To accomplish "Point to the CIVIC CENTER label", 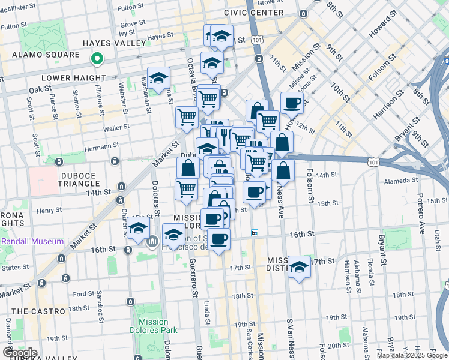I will (x=254, y=13).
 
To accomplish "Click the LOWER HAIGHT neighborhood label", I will (x=73, y=78).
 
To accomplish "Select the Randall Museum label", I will (x=34, y=242).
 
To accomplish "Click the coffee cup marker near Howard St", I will (x=292, y=103).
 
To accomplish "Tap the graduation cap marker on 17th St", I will (x=299, y=267).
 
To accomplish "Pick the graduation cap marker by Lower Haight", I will (x=158, y=78).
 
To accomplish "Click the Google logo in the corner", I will (x=20, y=352).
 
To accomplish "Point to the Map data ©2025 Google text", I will (x=412, y=355).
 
